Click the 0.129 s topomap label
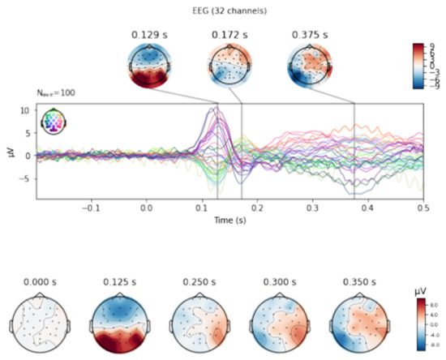(149, 35)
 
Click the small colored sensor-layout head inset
(54, 121)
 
